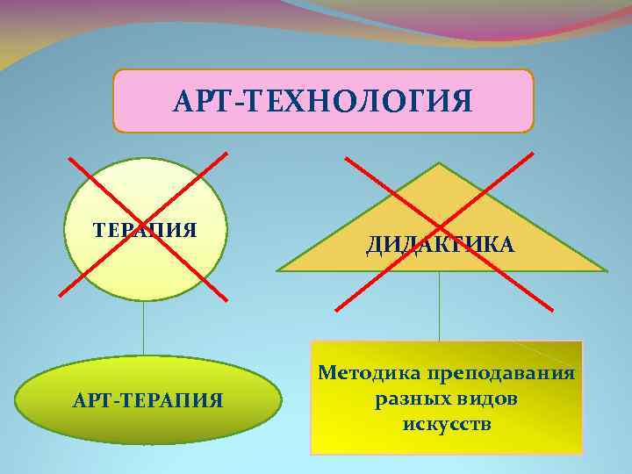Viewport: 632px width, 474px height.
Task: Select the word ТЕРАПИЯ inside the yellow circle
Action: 145,231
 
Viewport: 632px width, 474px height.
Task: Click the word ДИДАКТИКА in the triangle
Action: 441,245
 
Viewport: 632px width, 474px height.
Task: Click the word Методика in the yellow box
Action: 369,373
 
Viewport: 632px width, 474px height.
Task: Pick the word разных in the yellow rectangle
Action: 406,399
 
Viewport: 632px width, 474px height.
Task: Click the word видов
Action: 486,399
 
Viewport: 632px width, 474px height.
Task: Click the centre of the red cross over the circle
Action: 146,227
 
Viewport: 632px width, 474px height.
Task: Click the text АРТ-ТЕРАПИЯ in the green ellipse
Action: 149,401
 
